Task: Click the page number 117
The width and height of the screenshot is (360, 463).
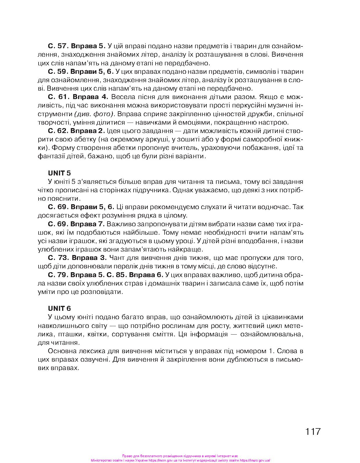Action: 312,431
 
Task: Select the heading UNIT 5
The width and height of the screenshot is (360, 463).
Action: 59,173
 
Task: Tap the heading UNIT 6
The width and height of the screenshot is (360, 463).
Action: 59,308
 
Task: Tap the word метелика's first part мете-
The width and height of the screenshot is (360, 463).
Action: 293,325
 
